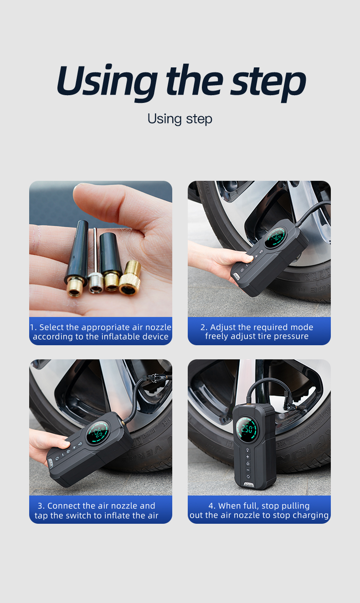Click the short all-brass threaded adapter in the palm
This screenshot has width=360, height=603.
click(130, 277)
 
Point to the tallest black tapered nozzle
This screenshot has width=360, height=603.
click(77, 258)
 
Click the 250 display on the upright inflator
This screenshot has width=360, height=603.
click(247, 429)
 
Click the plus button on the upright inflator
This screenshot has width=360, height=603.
click(248, 456)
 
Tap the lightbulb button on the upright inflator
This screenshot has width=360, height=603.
click(248, 450)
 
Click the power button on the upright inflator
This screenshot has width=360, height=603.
click(248, 464)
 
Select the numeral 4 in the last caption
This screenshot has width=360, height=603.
click(211, 506)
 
